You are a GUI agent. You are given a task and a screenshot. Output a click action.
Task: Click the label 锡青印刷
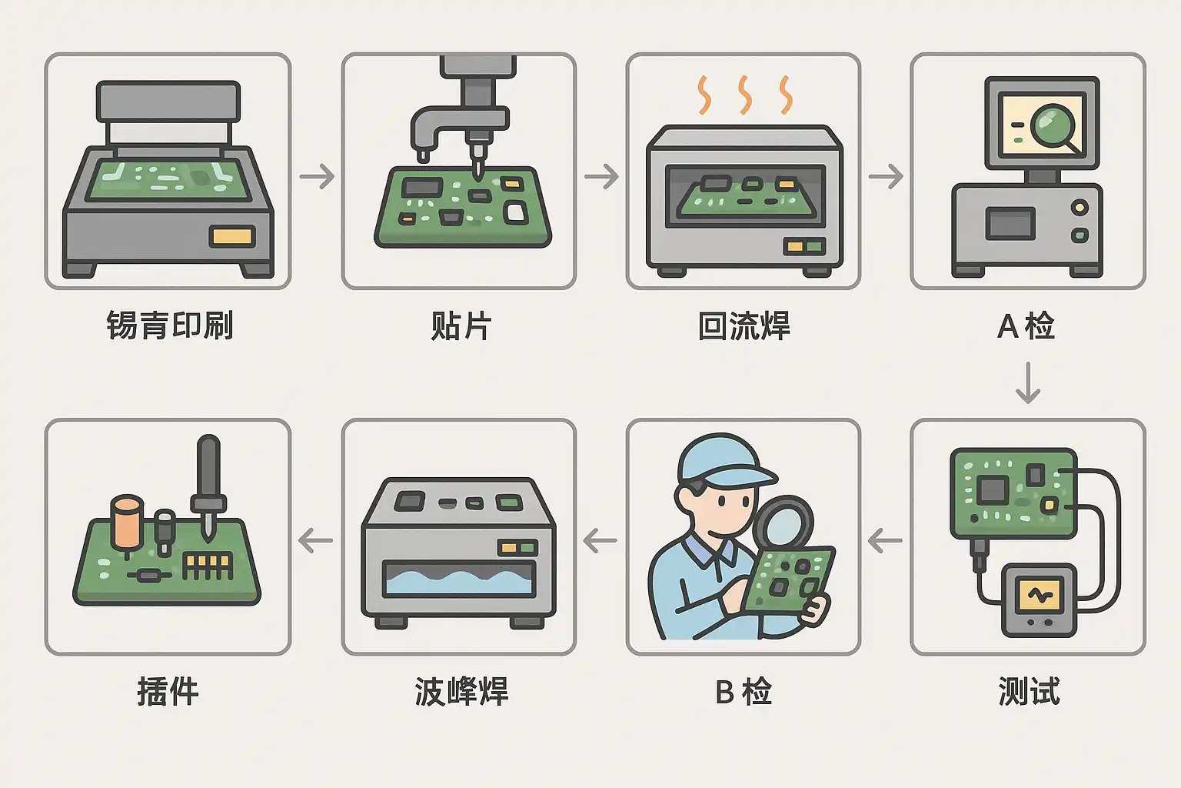[x=170, y=326]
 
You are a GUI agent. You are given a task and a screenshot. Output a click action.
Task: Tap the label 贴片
[x=461, y=326]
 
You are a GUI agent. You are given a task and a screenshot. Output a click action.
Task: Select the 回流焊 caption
[x=744, y=326]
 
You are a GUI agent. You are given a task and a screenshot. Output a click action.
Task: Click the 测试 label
[x=1029, y=691]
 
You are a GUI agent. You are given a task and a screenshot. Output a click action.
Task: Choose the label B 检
[x=743, y=691]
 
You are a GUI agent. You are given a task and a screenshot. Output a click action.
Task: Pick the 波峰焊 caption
[x=461, y=691]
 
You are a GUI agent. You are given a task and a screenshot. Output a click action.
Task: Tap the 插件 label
[x=168, y=691]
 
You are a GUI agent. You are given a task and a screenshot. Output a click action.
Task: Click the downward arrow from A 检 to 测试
[x=1028, y=382]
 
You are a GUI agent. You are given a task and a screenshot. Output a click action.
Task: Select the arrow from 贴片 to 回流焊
[x=601, y=176]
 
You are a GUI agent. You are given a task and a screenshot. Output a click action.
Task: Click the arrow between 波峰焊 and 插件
[x=315, y=541]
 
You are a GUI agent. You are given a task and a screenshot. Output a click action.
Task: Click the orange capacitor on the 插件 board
[x=127, y=523]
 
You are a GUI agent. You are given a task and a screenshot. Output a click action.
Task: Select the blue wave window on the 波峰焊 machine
[x=459, y=579]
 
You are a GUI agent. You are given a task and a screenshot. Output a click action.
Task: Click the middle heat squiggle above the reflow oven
[x=744, y=95]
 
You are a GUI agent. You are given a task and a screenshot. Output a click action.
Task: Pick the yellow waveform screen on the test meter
[x=1040, y=595]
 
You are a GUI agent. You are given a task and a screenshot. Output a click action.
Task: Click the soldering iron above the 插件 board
[x=208, y=485]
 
